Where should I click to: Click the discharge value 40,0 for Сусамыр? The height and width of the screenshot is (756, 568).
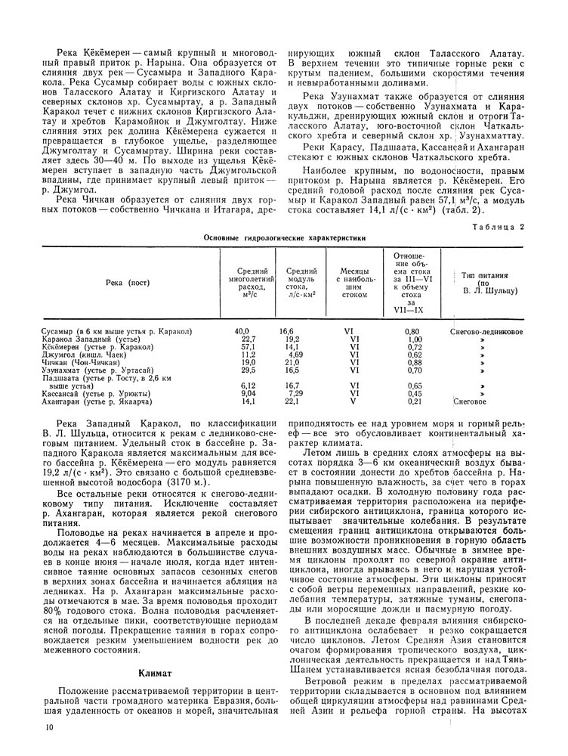242,332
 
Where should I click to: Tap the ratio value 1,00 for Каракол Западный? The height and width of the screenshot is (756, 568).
412,339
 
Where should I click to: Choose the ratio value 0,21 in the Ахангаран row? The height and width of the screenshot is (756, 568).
412,402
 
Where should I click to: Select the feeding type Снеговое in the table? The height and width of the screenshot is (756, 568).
474,402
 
